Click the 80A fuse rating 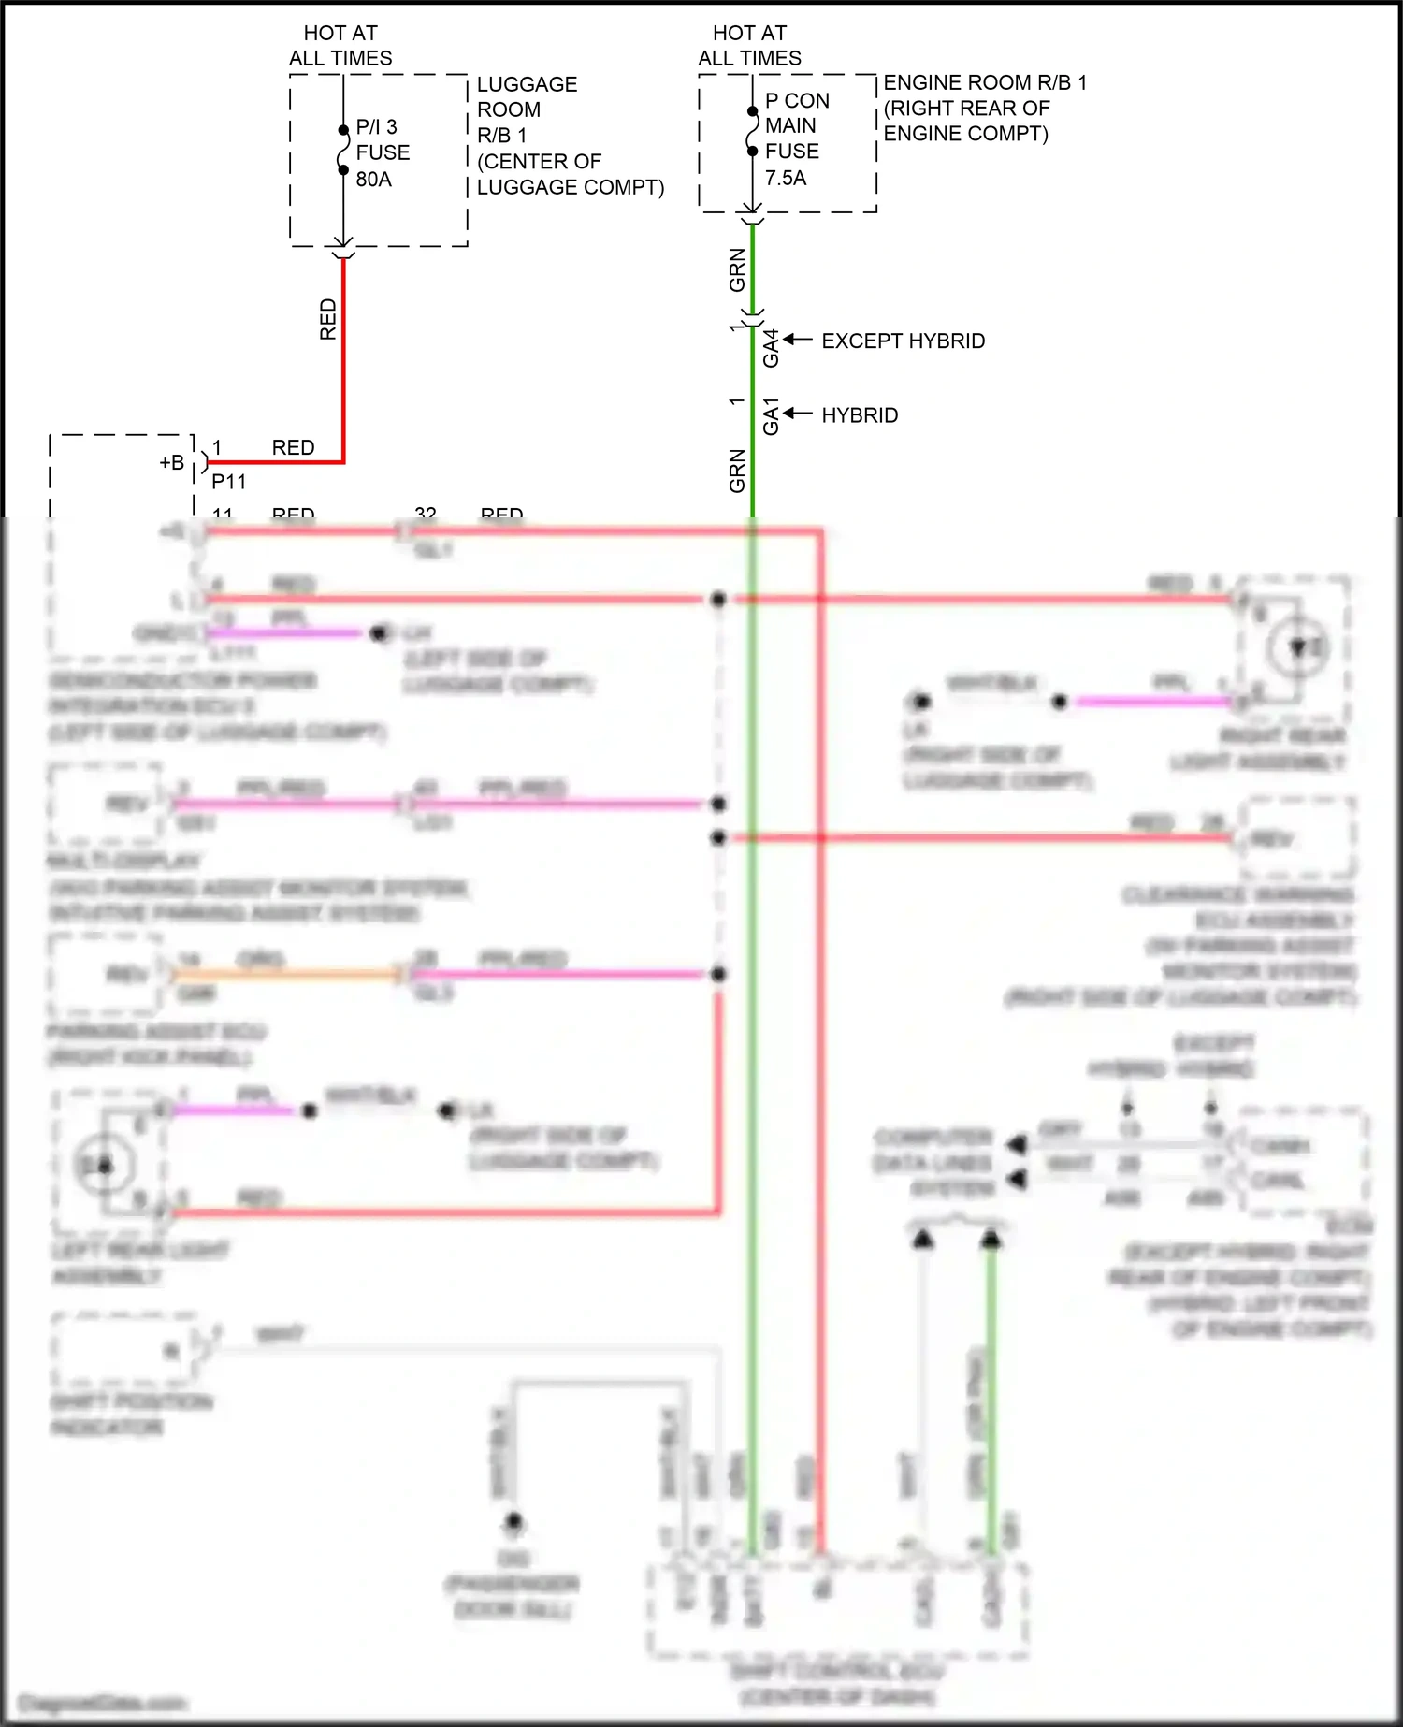coord(373,179)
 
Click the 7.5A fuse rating coord(785,178)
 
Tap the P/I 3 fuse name coord(376,126)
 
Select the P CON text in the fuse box coord(797,100)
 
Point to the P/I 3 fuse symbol coord(343,151)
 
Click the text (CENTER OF coord(539,161)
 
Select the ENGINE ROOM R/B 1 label coord(985,82)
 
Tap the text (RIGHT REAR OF coord(966,108)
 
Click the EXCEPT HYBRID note coord(903,341)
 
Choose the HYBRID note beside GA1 coord(860,415)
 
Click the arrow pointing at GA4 coord(797,340)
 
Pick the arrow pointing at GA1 coord(797,414)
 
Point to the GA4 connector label coord(771,348)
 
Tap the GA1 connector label coord(771,417)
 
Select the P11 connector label coord(228,482)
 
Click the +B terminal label coord(171,462)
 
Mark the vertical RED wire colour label coord(327,319)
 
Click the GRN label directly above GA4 coord(737,269)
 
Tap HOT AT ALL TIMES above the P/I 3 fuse coord(340,46)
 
